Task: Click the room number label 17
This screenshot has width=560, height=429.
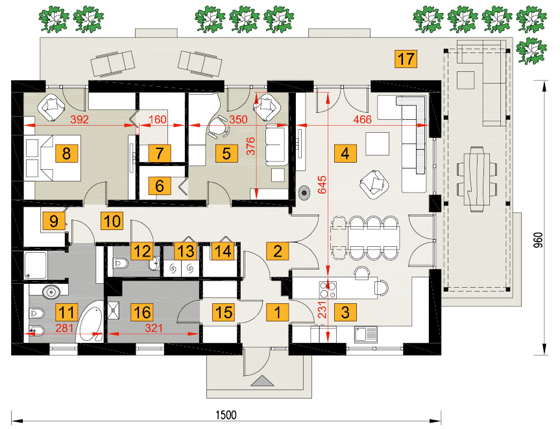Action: point(405,59)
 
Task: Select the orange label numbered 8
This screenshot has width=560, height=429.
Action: point(66,154)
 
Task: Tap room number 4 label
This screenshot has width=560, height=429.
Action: point(345,154)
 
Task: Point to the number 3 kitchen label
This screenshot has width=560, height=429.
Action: point(345,312)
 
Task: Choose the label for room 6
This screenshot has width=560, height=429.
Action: point(159,185)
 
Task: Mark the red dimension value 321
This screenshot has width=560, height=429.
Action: point(153,328)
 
